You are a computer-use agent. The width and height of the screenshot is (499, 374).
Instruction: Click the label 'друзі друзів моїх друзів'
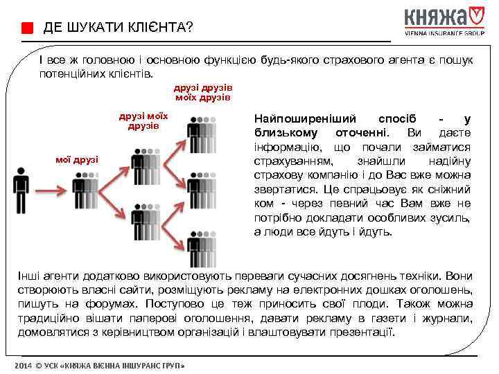coord(203,93)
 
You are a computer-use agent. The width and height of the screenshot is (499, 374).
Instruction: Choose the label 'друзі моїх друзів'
coord(143,121)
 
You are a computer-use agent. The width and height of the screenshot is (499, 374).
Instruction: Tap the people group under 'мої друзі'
coord(86,190)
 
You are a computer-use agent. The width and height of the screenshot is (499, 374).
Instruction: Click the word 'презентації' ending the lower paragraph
coord(362,332)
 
